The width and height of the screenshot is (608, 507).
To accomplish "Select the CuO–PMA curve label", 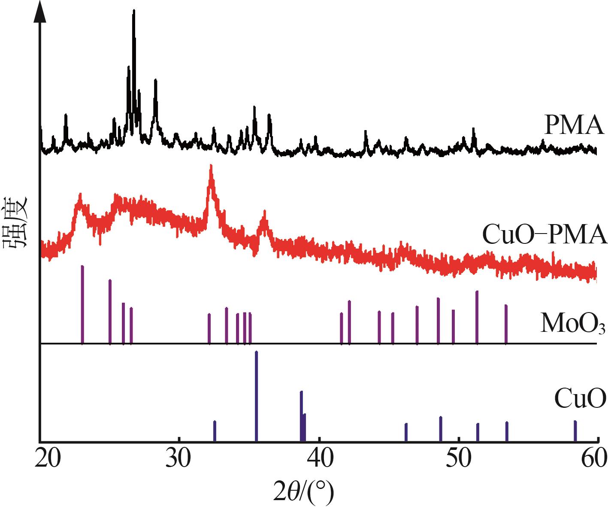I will click(x=544, y=235).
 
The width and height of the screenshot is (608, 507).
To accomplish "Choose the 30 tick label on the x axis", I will click(x=179, y=456).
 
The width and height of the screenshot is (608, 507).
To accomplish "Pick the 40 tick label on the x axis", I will click(x=319, y=456).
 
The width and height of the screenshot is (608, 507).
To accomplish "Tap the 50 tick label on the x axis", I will click(x=459, y=456).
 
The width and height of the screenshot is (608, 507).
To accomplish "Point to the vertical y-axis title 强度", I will click(x=16, y=222).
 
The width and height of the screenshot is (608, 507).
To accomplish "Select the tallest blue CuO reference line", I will click(x=256, y=395).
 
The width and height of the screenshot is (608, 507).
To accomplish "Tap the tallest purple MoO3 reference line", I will click(x=82, y=305).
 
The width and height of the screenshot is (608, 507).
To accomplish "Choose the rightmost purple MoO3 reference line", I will click(x=506, y=324).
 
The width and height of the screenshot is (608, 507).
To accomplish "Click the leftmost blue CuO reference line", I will click(x=215, y=431).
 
